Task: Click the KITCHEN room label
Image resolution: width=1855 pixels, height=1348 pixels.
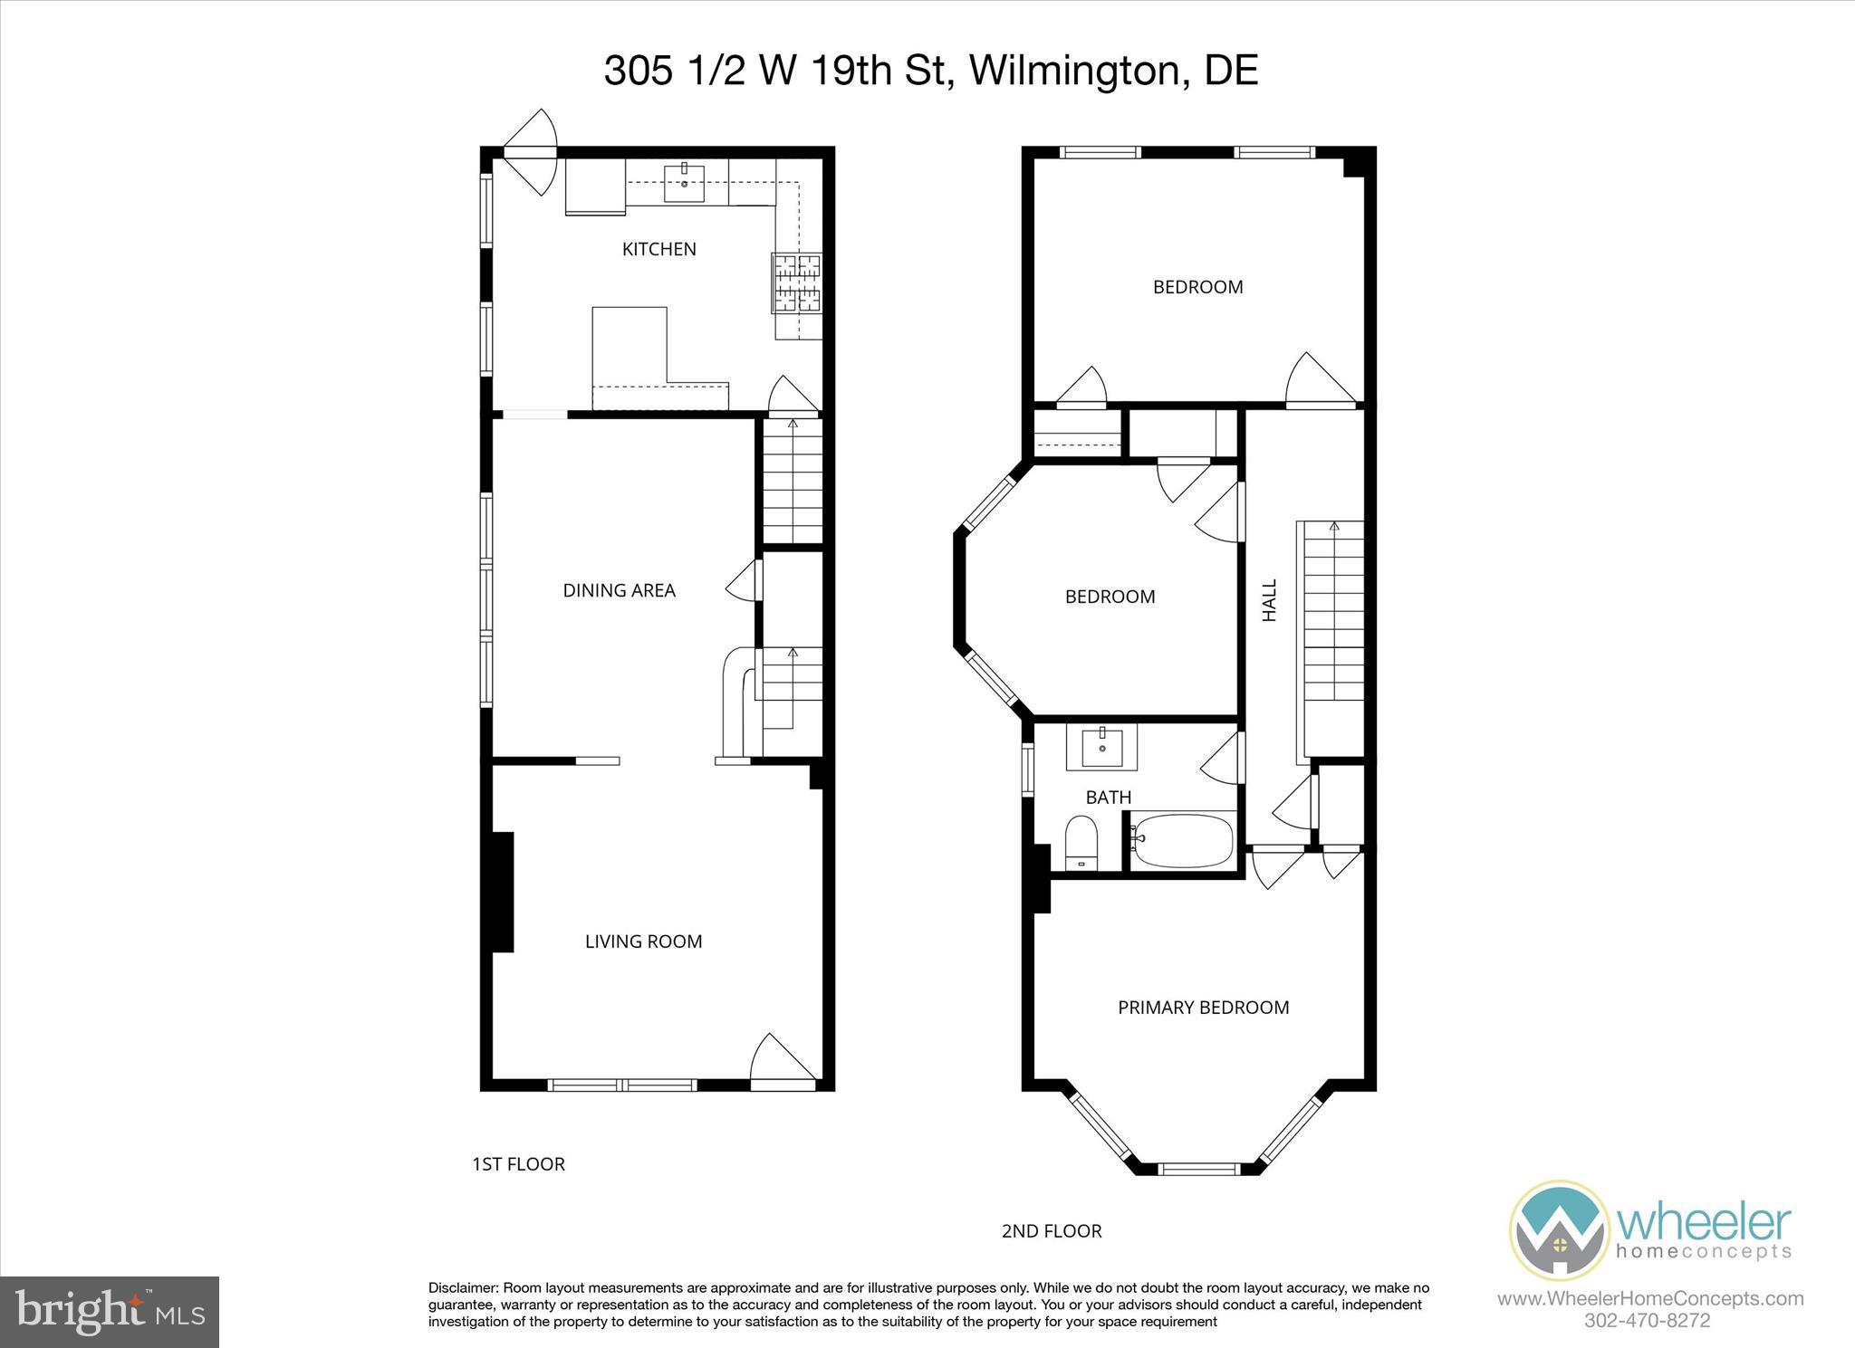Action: click(658, 249)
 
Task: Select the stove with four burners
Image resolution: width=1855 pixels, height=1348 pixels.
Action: click(796, 283)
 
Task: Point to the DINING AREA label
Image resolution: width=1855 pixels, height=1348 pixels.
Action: click(619, 590)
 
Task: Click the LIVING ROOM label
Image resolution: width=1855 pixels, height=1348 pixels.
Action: click(643, 942)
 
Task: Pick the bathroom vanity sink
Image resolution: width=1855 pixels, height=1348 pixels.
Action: click(1101, 748)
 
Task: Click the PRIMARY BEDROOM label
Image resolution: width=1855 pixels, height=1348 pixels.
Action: click(1203, 1008)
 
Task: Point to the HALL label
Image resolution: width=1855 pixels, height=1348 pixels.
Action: click(1270, 600)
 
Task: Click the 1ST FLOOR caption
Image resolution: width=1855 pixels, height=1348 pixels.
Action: click(518, 1164)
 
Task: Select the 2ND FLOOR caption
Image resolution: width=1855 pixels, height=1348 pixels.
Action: click(1052, 1231)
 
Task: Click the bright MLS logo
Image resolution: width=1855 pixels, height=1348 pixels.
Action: click(111, 1311)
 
